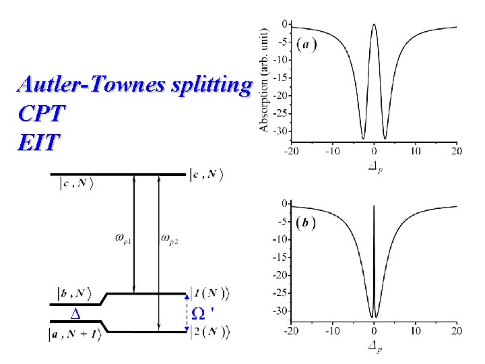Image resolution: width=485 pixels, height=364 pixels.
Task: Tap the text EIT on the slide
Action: point(40,142)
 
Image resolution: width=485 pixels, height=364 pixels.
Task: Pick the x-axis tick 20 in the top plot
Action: point(457,151)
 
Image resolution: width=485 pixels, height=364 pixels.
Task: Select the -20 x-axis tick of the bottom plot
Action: point(291,330)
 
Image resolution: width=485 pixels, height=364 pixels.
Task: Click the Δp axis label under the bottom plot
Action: point(375,347)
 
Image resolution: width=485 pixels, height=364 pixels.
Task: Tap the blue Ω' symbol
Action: point(203,313)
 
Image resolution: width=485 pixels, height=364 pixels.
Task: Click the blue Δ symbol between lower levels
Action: point(75,313)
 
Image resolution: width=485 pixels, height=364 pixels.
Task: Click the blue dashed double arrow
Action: point(187,313)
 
